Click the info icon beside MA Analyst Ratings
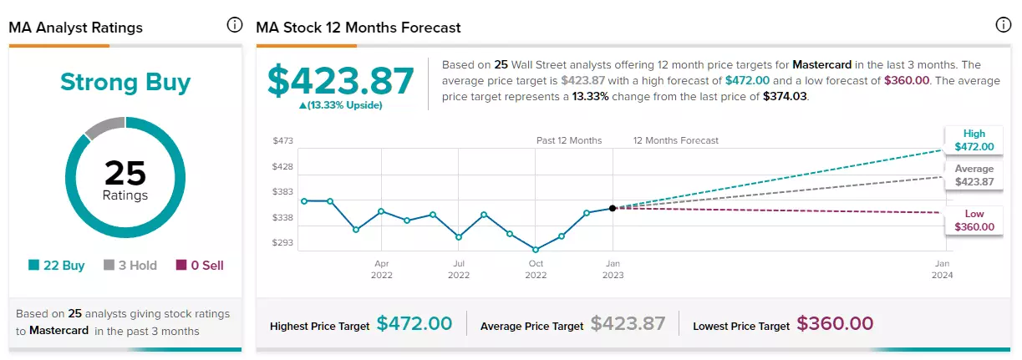tap(235, 24)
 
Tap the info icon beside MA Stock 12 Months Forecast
tap(1003, 24)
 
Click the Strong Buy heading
tap(125, 83)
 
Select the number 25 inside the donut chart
tap(125, 172)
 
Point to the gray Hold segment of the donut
tap(104, 126)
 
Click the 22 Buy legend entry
tap(57, 265)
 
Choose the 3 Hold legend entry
tap(130, 265)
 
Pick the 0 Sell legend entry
tap(200, 265)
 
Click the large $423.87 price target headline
tap(340, 81)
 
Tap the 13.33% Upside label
tap(340, 105)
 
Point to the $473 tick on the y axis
tap(283, 140)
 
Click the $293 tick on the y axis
tap(283, 242)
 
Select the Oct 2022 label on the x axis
tap(536, 269)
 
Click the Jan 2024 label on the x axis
tap(942, 269)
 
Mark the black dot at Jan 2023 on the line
tap(613, 208)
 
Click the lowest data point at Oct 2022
tap(536, 250)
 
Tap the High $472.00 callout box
tap(974, 140)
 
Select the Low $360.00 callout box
tap(974, 221)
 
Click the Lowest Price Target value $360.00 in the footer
tap(835, 323)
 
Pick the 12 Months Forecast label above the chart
tap(676, 140)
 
